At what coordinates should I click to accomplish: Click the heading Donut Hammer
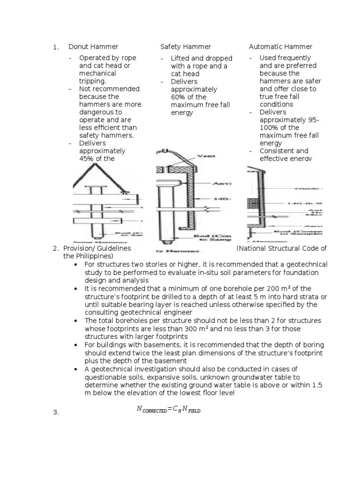(x=93, y=47)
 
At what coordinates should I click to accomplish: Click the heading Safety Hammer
(x=186, y=47)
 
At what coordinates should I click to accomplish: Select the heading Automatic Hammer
(x=280, y=47)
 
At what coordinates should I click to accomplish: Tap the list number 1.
(x=55, y=47)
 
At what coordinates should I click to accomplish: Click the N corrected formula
(x=168, y=409)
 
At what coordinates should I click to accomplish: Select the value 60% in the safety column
(x=179, y=97)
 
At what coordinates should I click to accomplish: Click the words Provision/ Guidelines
(x=97, y=248)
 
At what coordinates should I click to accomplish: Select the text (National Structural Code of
(x=282, y=248)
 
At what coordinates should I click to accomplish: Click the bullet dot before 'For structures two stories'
(x=76, y=265)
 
